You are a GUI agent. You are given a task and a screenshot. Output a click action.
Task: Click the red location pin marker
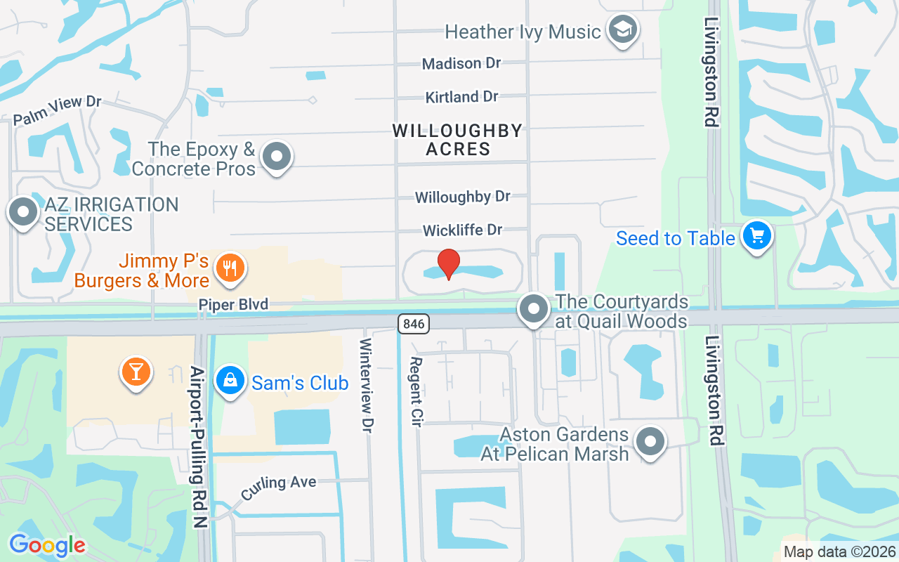(449, 263)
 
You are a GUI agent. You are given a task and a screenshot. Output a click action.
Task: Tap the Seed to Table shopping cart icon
(757, 236)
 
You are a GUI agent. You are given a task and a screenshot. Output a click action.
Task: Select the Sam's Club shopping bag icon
(229, 381)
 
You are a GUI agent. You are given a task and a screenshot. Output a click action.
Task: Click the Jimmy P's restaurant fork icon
(229, 268)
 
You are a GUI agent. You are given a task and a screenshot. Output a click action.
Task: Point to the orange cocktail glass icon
(136, 371)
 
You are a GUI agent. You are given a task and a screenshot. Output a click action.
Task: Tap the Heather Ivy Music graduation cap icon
(622, 30)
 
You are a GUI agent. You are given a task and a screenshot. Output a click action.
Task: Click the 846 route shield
(413, 324)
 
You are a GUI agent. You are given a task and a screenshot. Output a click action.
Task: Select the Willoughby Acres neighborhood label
(457, 140)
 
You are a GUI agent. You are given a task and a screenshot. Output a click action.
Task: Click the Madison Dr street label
(461, 63)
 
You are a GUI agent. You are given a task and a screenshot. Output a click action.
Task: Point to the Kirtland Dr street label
(461, 97)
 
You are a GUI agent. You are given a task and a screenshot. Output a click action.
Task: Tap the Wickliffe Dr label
(463, 230)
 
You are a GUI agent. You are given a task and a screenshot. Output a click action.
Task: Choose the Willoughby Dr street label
(462, 197)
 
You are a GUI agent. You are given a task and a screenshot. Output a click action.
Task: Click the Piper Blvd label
(234, 305)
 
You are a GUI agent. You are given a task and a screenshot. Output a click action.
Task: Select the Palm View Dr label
(58, 110)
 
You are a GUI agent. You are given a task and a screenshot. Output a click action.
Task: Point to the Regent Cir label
(415, 386)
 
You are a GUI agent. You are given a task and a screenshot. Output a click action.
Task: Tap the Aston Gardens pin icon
(650, 443)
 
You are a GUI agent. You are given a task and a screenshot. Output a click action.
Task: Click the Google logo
(47, 545)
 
